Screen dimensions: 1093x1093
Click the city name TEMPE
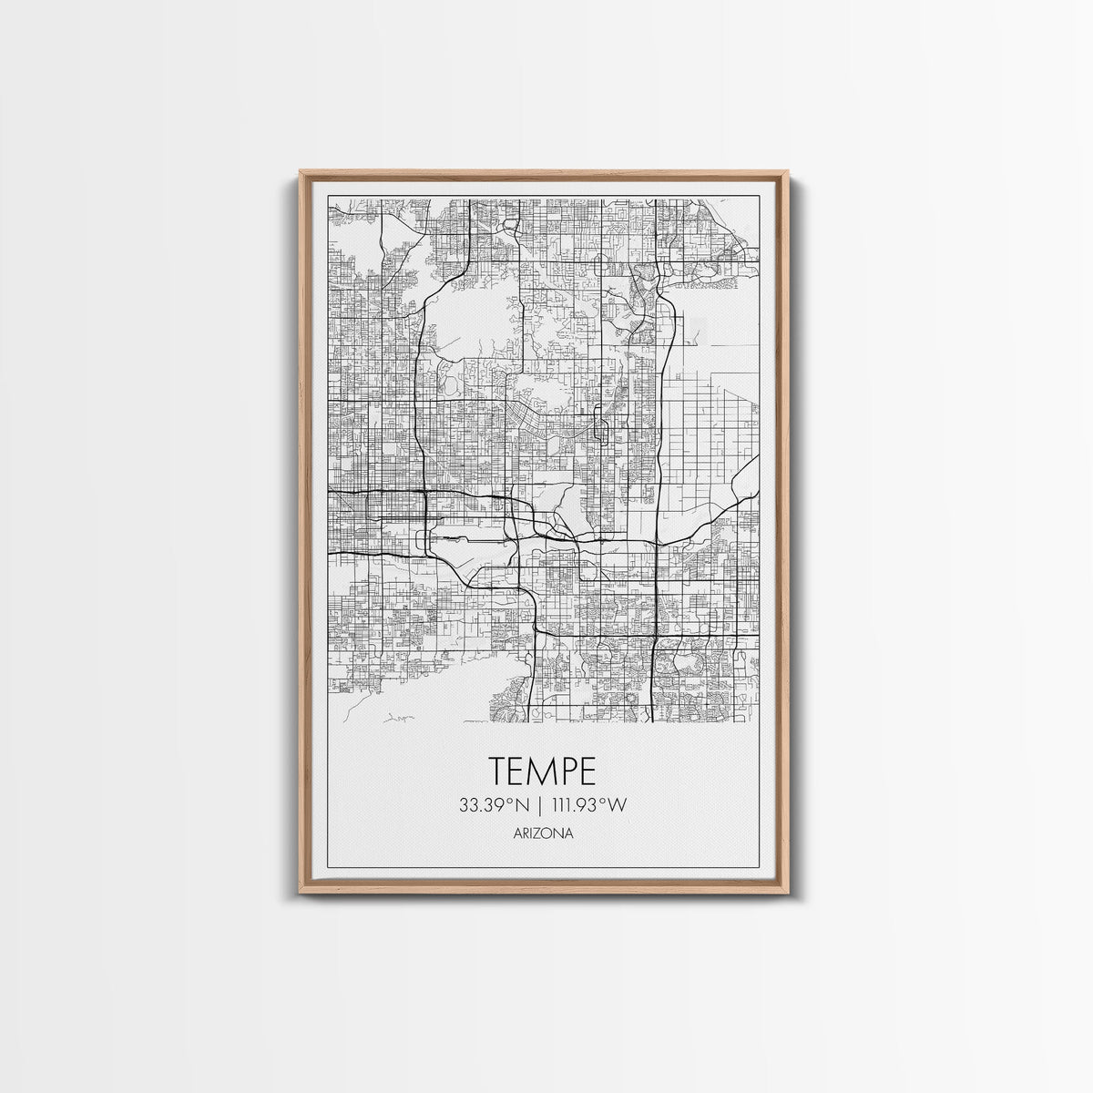(543, 771)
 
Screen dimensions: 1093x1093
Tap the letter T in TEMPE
(500, 771)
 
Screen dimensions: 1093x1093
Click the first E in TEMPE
(519, 771)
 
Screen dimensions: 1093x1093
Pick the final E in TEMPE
(587, 771)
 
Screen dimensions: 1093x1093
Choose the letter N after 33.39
(521, 805)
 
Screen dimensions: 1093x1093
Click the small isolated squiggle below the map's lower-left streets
(397, 718)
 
